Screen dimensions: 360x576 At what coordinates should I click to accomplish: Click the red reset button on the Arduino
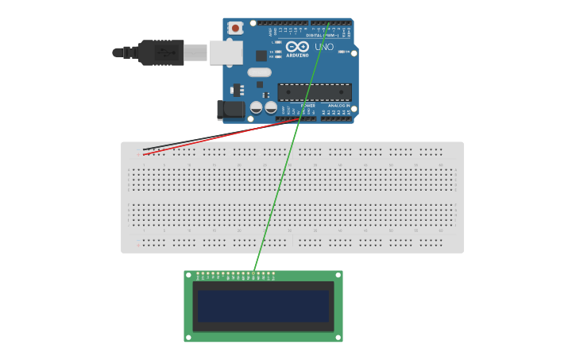click(236, 28)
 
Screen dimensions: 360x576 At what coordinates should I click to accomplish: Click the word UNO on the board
click(324, 47)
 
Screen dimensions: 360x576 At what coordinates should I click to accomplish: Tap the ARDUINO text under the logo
click(297, 55)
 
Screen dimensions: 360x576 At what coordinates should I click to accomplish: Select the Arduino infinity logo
click(297, 46)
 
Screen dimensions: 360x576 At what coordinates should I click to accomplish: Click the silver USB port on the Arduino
click(226, 52)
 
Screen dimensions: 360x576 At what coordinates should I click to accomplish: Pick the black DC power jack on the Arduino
click(230, 110)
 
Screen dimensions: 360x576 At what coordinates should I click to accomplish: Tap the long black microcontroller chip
click(314, 91)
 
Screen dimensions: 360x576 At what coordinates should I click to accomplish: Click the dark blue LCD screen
click(263, 306)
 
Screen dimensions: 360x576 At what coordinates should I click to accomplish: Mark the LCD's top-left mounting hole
click(189, 276)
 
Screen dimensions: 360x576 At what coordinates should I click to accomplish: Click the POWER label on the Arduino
click(308, 105)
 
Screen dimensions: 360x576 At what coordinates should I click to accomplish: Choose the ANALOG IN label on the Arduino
click(338, 105)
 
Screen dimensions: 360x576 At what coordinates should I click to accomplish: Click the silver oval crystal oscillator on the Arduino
click(259, 72)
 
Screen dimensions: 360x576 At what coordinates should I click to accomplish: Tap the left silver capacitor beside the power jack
click(256, 106)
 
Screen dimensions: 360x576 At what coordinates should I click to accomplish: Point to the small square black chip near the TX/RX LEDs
click(261, 56)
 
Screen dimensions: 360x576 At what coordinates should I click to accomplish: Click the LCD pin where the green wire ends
click(253, 273)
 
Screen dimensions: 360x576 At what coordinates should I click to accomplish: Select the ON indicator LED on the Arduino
click(343, 52)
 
